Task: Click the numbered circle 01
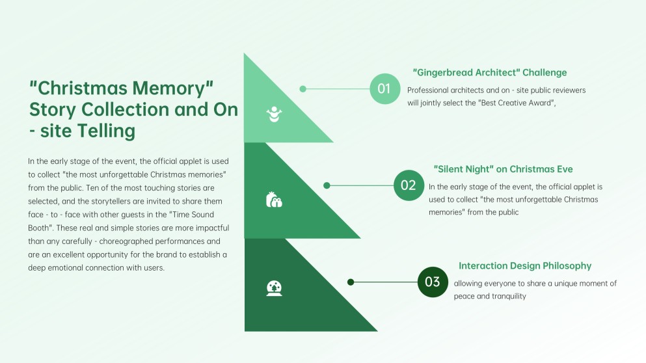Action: coord(384,88)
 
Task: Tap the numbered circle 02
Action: coord(409,185)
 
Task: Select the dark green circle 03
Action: coord(433,282)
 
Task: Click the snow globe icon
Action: coord(274,288)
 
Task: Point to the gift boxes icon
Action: coord(274,200)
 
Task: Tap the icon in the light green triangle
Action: coord(274,114)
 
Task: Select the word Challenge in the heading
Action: coord(545,72)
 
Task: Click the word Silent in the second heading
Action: coord(451,169)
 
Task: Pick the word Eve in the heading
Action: coord(564,169)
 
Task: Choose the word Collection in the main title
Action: coord(126,109)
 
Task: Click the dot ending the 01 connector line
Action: coord(303,89)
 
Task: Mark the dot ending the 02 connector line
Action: coord(327,185)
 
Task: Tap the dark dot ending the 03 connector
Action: coord(351,282)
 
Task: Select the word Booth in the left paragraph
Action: coord(38,228)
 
